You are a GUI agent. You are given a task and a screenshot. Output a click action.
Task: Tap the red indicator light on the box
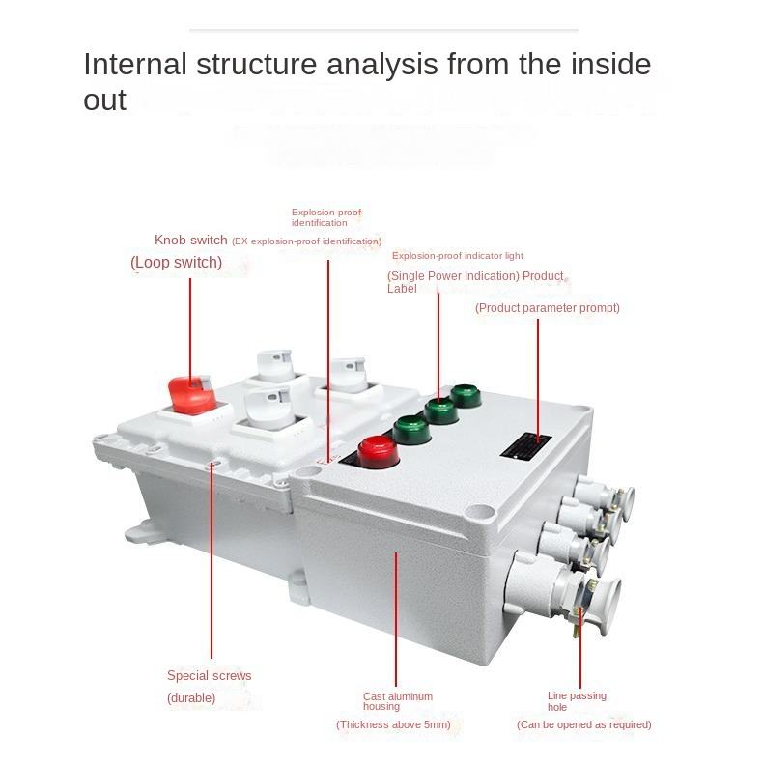click(x=377, y=450)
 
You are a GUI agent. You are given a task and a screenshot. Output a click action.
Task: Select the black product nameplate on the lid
click(x=524, y=445)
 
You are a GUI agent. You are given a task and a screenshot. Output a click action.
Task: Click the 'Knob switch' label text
click(x=191, y=240)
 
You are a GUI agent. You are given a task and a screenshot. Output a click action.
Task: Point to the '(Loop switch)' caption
click(x=176, y=263)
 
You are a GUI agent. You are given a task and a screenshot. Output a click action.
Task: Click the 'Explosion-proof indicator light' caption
click(x=457, y=256)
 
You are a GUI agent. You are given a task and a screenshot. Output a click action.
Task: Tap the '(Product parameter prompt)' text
click(x=547, y=308)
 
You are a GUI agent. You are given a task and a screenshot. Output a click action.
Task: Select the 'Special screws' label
click(x=209, y=676)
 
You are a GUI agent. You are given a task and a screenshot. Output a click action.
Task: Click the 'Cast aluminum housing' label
click(x=398, y=701)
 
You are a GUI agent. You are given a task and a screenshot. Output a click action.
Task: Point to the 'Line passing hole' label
click(x=577, y=701)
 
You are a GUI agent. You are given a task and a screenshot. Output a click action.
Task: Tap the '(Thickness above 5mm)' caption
click(x=393, y=724)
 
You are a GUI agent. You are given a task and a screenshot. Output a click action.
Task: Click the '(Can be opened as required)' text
click(x=583, y=724)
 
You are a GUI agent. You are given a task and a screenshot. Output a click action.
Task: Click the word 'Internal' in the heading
click(x=134, y=65)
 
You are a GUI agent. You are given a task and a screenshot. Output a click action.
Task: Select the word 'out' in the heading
click(x=104, y=99)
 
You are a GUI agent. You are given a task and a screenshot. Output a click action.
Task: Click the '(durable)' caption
click(x=191, y=697)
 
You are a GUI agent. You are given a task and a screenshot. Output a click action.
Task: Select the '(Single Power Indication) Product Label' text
click(x=474, y=282)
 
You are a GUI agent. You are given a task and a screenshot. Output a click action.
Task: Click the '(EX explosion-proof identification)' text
click(x=306, y=241)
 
